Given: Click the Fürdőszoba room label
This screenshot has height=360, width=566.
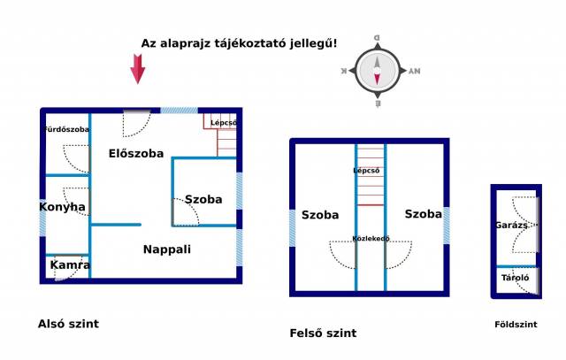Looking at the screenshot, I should tap(67, 130).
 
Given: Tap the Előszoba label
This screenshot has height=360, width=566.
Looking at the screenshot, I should tap(136, 153).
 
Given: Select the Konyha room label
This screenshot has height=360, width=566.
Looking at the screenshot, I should tap(62, 207).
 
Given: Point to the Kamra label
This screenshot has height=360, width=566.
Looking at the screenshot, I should tap(70, 264).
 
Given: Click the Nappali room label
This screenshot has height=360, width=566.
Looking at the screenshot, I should tap(167, 249).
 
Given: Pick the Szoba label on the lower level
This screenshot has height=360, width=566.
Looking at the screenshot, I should tap(203, 199).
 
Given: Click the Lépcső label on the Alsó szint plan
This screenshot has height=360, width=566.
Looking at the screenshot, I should tap(223, 122).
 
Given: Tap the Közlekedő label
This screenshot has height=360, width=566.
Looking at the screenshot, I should tap(371, 238).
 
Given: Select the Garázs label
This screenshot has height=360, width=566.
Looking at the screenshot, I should tap(512, 226).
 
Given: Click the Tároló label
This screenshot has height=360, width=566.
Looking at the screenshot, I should tap(515, 278).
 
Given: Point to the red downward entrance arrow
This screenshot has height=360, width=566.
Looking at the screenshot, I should tap(138, 69).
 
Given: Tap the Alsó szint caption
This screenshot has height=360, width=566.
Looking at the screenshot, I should tap(67, 324).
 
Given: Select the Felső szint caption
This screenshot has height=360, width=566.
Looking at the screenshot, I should tap(323, 333).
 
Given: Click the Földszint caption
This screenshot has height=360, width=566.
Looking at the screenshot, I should tap(516, 325).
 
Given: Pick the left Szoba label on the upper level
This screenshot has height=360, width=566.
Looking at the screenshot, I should tap(320, 215).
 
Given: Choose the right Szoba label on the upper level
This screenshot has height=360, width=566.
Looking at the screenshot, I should tap(424, 214).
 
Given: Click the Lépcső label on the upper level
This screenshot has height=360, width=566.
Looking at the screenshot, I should tap(366, 170).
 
